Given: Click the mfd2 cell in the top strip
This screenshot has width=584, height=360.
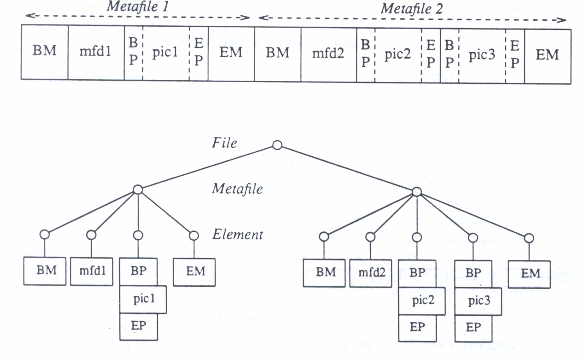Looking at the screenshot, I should click(329, 53).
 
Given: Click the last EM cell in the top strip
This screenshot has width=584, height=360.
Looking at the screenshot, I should click(547, 55).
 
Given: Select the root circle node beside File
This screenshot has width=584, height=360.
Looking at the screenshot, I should click(277, 146).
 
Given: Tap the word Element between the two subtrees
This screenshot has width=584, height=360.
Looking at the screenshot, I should click(238, 235).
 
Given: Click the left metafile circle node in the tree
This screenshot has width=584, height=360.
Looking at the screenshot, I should click(138, 189).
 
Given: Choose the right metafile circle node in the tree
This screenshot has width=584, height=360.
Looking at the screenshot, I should click(416, 191).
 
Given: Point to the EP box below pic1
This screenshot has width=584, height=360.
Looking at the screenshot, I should click(138, 327).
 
